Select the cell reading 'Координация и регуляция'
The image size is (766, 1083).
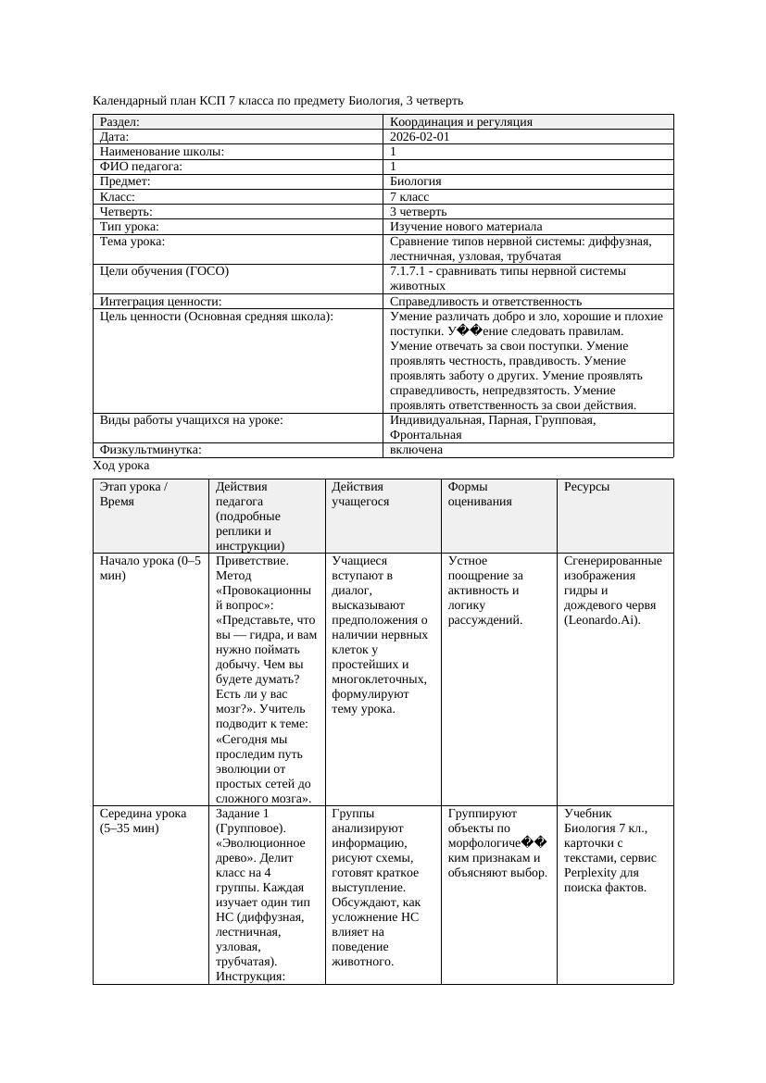point(461,121)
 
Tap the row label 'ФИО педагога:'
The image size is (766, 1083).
point(141,166)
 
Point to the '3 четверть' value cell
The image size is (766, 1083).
point(418,211)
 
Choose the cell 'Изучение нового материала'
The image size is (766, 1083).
point(466,226)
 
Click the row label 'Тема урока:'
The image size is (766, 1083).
point(132,241)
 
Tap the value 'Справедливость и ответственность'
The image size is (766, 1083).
point(485,301)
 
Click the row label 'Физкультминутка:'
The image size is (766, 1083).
point(150,450)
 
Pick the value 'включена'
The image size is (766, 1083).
point(416,450)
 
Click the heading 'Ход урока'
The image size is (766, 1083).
point(121,466)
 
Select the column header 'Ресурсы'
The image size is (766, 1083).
point(586,486)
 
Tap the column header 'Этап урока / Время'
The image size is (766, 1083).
point(133,493)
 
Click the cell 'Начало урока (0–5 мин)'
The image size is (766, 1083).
point(150,567)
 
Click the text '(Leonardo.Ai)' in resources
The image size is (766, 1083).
point(601,619)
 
